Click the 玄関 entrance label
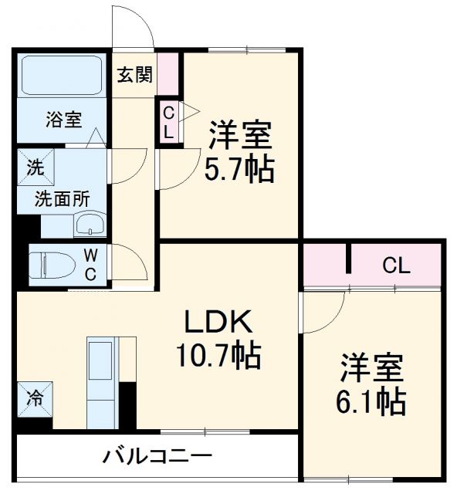[134, 75]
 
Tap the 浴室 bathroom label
[63, 120]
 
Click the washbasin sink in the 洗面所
[90, 225]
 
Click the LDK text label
[218, 321]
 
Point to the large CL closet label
[396, 267]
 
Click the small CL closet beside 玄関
[168, 121]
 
